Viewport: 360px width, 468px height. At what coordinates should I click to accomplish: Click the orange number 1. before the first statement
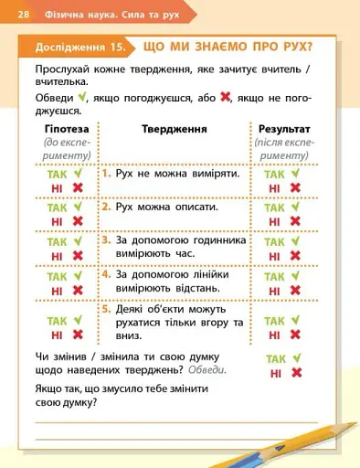(107, 173)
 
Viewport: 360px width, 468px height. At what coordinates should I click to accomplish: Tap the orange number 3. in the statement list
(107, 240)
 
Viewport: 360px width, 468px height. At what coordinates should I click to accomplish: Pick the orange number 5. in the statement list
(107, 310)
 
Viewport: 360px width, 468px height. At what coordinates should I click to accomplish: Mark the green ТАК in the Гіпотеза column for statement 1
(58, 172)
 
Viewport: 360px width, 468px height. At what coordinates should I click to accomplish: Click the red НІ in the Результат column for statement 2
(274, 221)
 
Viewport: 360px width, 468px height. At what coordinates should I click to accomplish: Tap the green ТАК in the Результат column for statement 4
(275, 276)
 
